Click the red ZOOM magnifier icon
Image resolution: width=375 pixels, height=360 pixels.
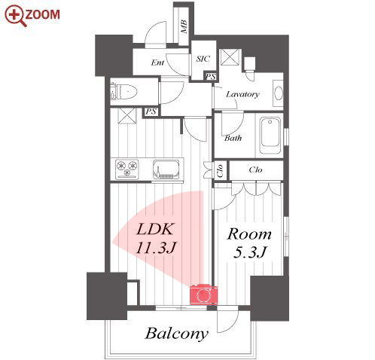tap(15, 16)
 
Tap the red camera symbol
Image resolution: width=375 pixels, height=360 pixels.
tap(203, 294)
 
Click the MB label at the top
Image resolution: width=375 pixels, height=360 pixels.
tap(184, 26)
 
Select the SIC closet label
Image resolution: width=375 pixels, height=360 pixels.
tap(203, 59)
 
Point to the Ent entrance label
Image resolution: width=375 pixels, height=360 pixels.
tap(157, 63)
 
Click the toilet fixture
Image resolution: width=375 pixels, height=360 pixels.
tap(123, 91)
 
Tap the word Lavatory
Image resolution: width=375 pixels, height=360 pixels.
tap(242, 94)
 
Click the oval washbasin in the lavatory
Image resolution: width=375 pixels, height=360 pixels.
tap(279, 93)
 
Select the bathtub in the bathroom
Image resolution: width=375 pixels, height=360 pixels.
tap(270, 136)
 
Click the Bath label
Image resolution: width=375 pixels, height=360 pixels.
tap(233, 138)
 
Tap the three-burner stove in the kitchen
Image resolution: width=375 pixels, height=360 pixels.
tap(127, 169)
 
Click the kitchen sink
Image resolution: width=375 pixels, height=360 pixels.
tap(166, 169)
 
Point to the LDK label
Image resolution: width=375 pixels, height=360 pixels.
tap(155, 229)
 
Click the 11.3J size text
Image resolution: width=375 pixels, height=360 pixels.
tap(156, 247)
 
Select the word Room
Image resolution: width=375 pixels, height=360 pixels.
tap(249, 234)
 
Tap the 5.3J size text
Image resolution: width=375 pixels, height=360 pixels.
tap(249, 252)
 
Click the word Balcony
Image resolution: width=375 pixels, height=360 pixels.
tap(177, 334)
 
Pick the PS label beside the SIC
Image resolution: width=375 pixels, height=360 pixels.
tap(211, 76)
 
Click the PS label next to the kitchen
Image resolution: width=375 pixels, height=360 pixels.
tap(151, 111)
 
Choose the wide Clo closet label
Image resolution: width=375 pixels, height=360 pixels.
tap(255, 170)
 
